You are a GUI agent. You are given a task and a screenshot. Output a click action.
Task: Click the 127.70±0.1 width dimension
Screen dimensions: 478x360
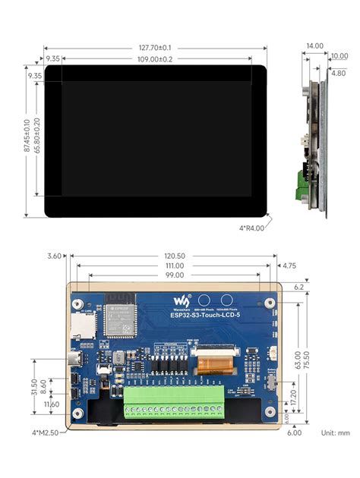point(155,46)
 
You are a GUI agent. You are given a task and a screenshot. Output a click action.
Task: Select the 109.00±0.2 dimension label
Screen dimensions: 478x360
point(155,58)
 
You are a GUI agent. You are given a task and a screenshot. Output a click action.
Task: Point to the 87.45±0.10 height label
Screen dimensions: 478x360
point(27,137)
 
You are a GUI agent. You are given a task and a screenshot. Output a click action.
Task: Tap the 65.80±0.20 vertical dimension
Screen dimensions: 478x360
point(36,137)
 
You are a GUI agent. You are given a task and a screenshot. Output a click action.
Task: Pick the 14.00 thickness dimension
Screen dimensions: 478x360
point(314,46)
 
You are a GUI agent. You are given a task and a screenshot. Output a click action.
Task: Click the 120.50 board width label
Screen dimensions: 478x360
point(174,256)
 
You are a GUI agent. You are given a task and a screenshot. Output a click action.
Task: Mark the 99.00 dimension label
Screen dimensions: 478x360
point(174,276)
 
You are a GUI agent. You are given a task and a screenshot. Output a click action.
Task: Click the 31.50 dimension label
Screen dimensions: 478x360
point(33,388)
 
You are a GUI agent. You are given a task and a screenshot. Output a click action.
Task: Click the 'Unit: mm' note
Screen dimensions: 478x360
point(335,432)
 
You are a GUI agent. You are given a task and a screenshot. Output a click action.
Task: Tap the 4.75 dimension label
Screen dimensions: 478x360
point(289,266)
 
